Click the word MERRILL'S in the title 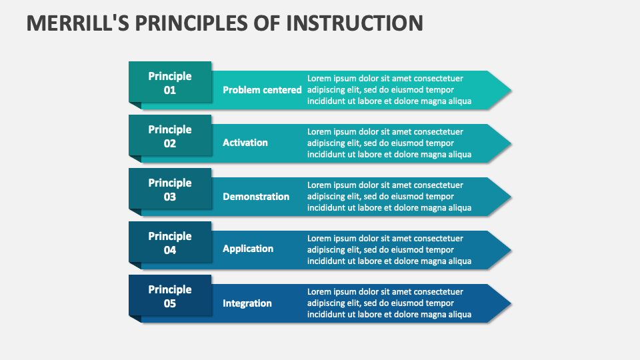pos(77,23)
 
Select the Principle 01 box pos(170,83)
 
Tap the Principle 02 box pos(170,136)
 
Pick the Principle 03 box pos(170,189)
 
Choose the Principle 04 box pos(170,243)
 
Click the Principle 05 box pos(170,296)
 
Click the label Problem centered pos(262,90)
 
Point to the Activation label pos(245,143)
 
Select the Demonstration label pos(256,197)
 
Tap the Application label pos(248,249)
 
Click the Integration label pos(247,303)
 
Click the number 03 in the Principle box pos(170,197)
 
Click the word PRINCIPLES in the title pos(199,23)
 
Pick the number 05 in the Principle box pos(170,303)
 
